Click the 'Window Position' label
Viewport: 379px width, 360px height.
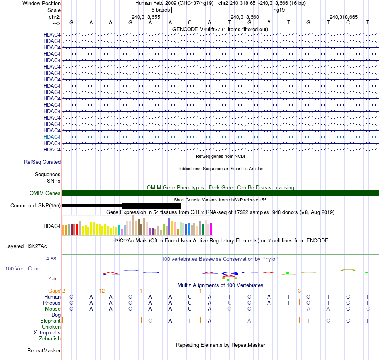click(41, 3)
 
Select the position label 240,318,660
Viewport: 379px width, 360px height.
click(245, 17)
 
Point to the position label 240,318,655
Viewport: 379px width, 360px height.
click(146, 17)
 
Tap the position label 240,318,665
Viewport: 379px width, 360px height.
click(343, 17)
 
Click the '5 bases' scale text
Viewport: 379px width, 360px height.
click(160, 10)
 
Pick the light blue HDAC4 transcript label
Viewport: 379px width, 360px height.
click(52, 137)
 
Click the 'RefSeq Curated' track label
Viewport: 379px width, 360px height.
click(42, 162)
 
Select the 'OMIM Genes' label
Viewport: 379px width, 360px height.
click(45, 193)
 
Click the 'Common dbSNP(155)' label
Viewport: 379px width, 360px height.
click(36, 206)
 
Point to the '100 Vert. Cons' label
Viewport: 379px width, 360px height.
click(22, 269)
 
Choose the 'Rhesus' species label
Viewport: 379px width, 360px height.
click(52, 303)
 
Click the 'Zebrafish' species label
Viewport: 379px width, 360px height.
click(50, 339)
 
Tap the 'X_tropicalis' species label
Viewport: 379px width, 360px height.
click(47, 333)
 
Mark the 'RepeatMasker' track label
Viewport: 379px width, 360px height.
click(44, 351)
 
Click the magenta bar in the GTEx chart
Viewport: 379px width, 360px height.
click(211, 229)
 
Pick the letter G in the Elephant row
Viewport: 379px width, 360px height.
click(150, 321)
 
